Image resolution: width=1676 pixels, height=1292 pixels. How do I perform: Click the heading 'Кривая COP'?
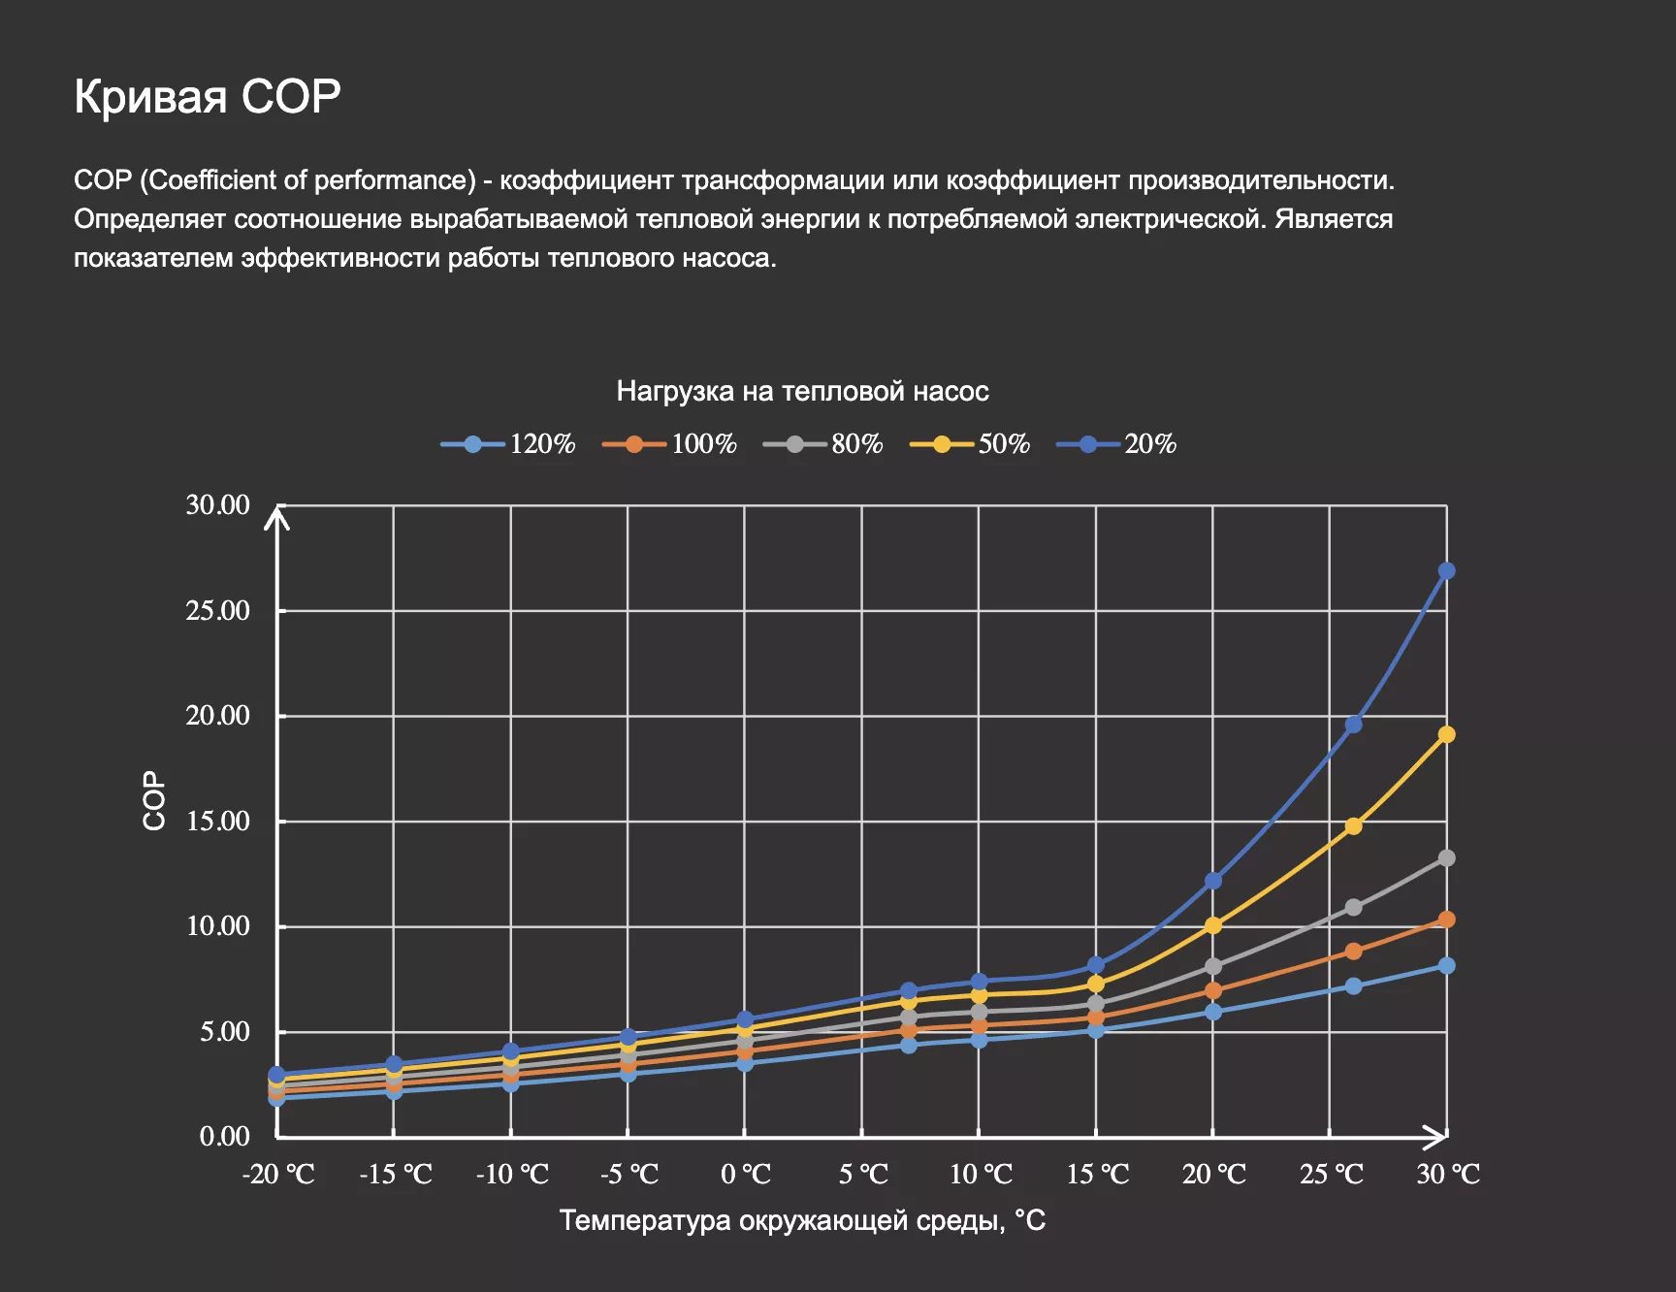[207, 96]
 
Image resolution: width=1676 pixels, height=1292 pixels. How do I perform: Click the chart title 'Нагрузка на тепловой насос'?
[802, 391]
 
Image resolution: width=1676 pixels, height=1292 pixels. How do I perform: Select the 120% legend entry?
[508, 444]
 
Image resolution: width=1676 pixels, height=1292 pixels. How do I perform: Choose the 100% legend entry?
[669, 444]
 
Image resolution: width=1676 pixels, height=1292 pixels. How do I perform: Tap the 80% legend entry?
[823, 444]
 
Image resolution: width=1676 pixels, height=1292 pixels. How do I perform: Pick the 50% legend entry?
[970, 444]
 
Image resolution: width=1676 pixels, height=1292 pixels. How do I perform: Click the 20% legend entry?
[1116, 444]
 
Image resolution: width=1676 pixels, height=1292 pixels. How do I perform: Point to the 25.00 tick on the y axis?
[217, 610]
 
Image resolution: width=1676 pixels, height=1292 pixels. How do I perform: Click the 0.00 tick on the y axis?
[224, 1136]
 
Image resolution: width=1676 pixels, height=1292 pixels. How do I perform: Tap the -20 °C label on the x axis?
[278, 1175]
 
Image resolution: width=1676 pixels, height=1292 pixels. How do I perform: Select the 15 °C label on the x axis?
[1097, 1175]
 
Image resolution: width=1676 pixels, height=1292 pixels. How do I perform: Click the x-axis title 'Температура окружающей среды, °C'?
[802, 1220]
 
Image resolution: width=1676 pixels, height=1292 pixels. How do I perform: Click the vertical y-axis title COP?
[154, 800]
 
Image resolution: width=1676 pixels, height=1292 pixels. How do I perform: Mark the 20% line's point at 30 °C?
[1446, 570]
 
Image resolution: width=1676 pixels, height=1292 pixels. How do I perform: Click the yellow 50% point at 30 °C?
[1446, 734]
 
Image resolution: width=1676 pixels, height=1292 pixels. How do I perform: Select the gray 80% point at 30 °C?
[1446, 858]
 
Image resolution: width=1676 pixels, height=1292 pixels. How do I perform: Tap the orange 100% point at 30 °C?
[1446, 920]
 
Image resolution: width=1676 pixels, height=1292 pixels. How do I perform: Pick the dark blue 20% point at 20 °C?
[1213, 881]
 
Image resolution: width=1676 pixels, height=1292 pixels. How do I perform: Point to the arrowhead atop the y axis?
[278, 516]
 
